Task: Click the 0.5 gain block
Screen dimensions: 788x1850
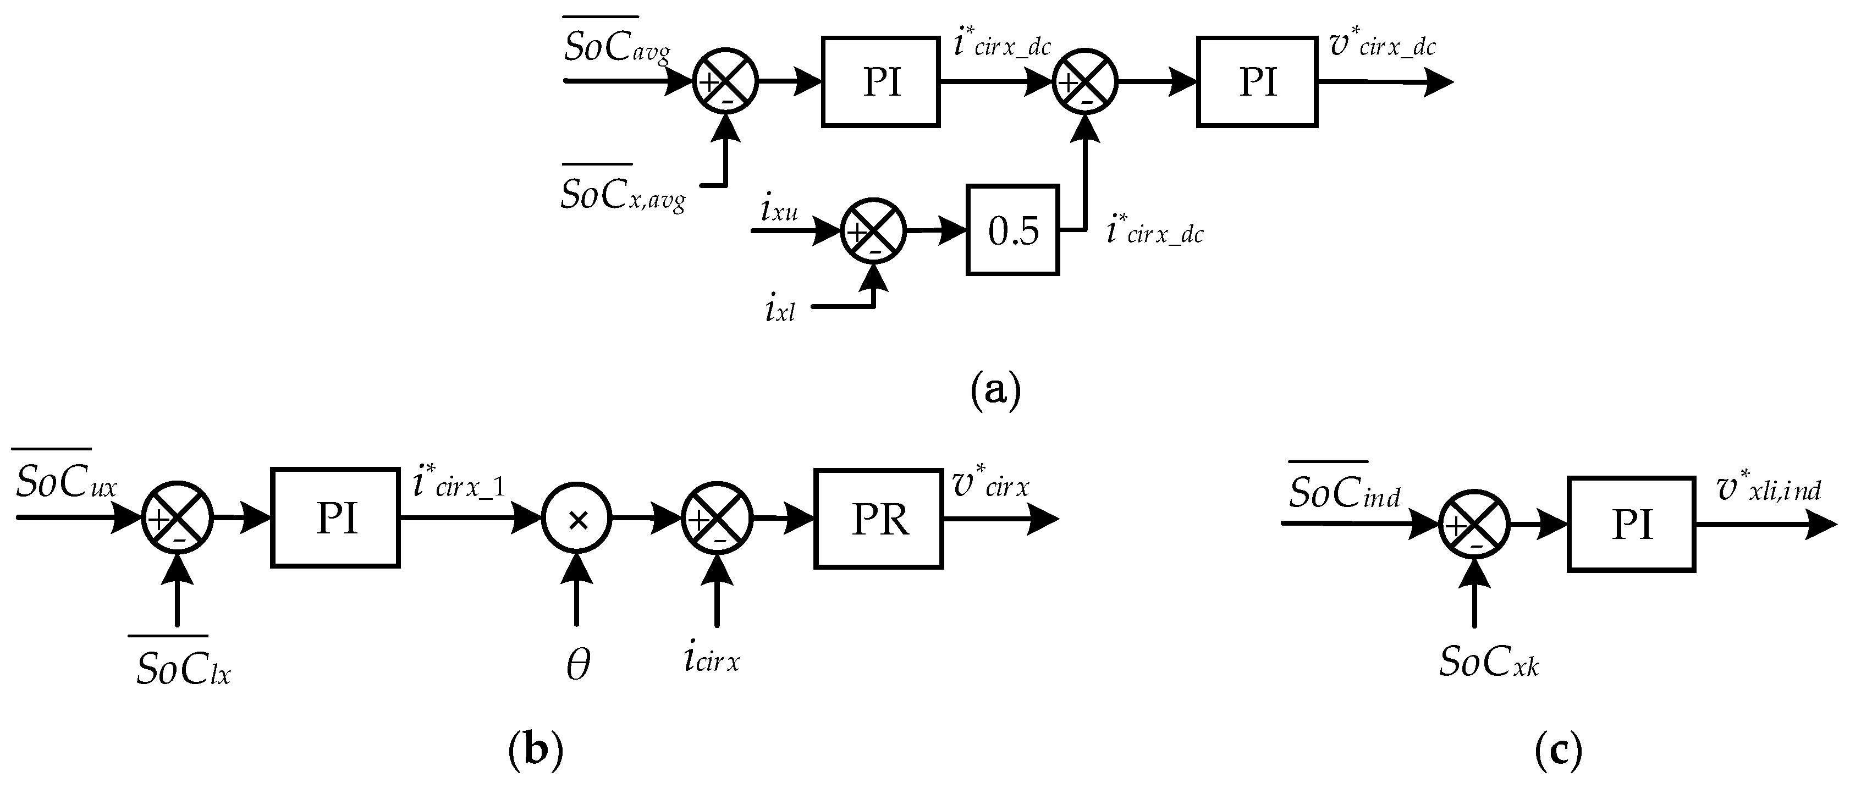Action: pos(1012,230)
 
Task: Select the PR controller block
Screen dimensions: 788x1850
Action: pos(878,519)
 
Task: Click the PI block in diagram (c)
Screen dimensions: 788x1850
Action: pos(1631,525)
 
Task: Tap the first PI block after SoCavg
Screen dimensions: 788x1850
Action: pos(880,82)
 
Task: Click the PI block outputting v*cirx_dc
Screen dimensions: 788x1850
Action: pos(1257,82)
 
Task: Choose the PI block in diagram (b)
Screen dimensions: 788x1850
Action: pos(335,518)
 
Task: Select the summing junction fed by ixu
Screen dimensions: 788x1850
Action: pos(873,230)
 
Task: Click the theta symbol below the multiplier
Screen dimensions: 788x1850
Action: pos(578,664)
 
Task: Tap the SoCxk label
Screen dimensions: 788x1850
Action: pos(1489,662)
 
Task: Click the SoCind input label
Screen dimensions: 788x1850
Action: pos(1344,492)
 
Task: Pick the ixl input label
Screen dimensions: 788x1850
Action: pos(780,309)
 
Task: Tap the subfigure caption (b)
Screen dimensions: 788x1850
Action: pos(536,751)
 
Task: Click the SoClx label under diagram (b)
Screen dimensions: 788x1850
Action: pos(183,669)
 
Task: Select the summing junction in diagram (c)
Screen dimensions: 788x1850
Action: pos(1474,525)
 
